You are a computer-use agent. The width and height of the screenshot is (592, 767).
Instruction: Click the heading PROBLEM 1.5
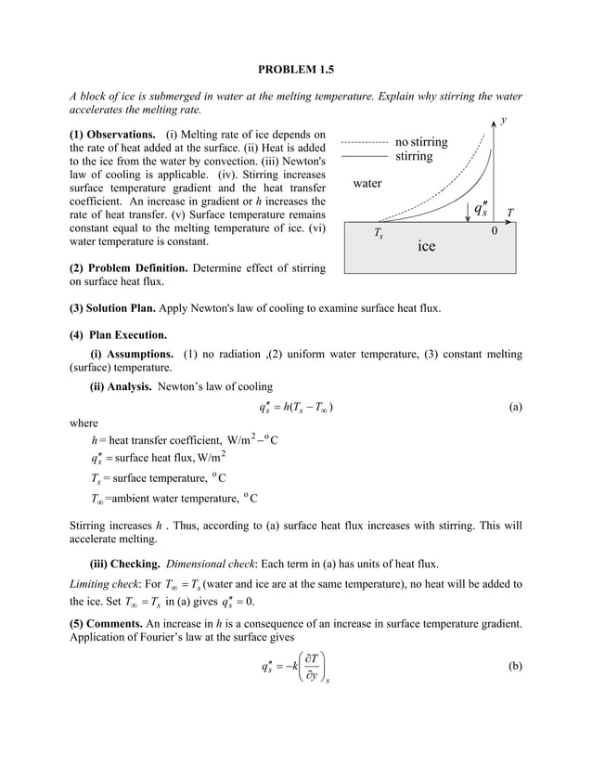click(x=295, y=69)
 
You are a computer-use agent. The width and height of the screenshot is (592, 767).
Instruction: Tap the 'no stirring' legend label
click(x=420, y=142)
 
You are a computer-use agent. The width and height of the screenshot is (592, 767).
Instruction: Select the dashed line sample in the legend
click(x=364, y=143)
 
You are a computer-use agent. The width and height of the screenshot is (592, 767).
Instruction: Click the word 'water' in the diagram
click(x=368, y=183)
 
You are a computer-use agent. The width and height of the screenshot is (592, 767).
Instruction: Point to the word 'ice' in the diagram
click(x=426, y=246)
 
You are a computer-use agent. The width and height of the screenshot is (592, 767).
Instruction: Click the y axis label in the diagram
click(x=503, y=120)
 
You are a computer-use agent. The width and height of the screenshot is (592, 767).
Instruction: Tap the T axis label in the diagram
click(x=510, y=213)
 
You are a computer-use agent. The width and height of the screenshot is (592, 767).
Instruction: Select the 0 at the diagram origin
click(x=495, y=232)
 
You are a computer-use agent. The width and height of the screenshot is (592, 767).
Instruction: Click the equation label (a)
click(x=515, y=407)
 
